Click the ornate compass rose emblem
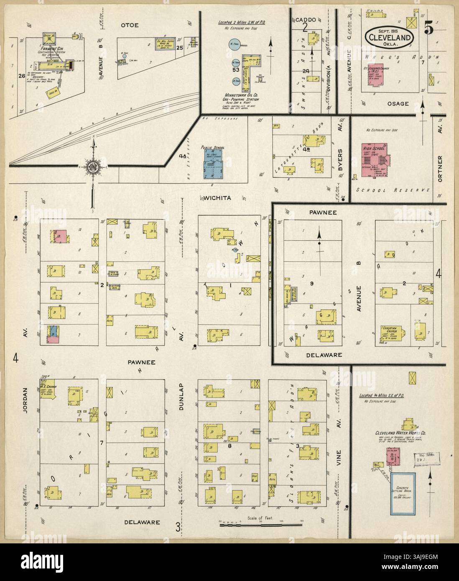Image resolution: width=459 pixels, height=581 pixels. click(x=92, y=166)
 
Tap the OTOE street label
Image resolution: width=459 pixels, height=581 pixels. click(x=130, y=25)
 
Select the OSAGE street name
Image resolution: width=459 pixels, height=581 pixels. click(x=398, y=103)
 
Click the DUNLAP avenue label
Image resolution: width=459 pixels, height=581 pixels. click(x=182, y=397)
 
